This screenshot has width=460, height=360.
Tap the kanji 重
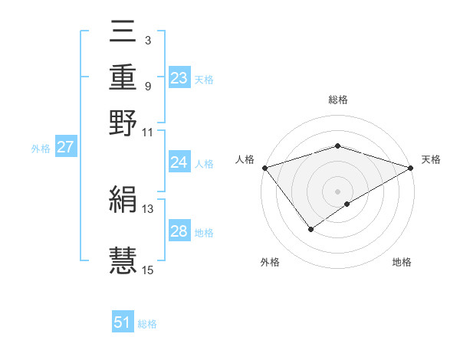pyautogui.click(x=123, y=79)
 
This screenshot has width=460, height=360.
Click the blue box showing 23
pyautogui.click(x=179, y=78)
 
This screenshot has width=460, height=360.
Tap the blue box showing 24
pyautogui.click(x=179, y=162)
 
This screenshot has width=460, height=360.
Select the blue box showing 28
pyautogui.click(x=179, y=231)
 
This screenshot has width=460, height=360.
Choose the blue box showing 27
pyautogui.click(x=65, y=147)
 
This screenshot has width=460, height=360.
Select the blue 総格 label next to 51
pyautogui.click(x=147, y=324)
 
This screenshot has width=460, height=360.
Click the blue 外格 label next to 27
pyautogui.click(x=41, y=149)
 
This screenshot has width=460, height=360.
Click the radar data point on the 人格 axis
pyautogui.click(x=264, y=168)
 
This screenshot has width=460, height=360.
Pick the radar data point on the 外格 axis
pyautogui.click(x=310, y=228)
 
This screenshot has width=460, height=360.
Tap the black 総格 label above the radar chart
pyautogui.click(x=338, y=100)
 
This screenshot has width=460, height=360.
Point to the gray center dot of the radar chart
pyautogui.click(x=338, y=191)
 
